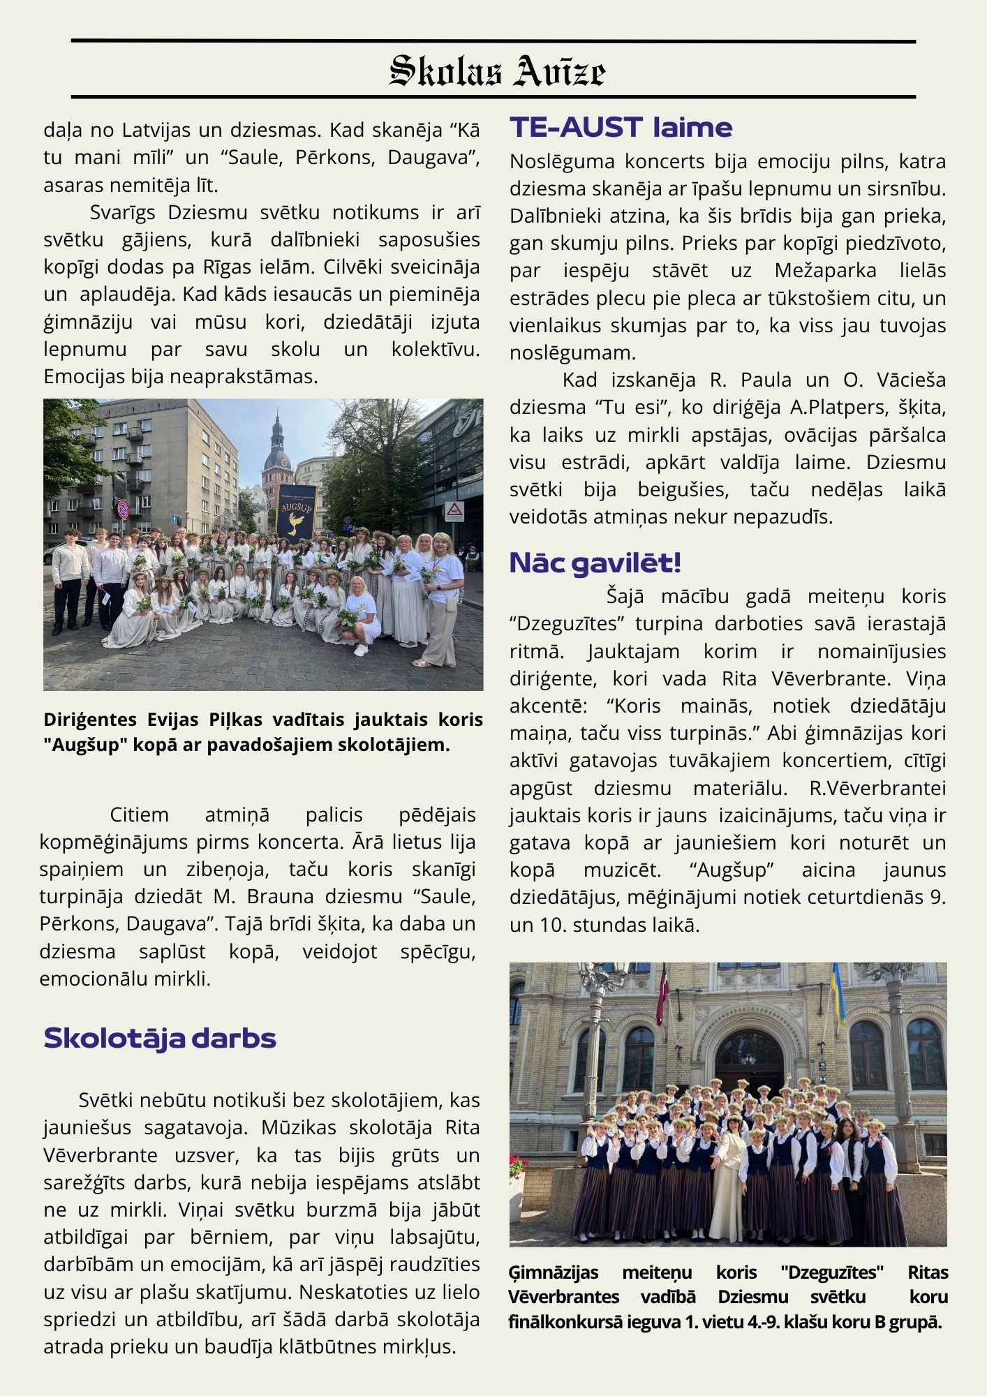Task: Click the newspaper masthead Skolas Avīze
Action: pos(496,70)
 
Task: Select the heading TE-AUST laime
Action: pos(621,128)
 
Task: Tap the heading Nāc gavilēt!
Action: pos(595,563)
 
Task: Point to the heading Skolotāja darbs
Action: pos(160,1038)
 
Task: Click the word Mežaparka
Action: pos(825,271)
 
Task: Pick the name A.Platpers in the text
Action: pos(836,407)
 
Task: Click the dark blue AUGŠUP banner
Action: pos(296,513)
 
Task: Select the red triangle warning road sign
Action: pos(454,510)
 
